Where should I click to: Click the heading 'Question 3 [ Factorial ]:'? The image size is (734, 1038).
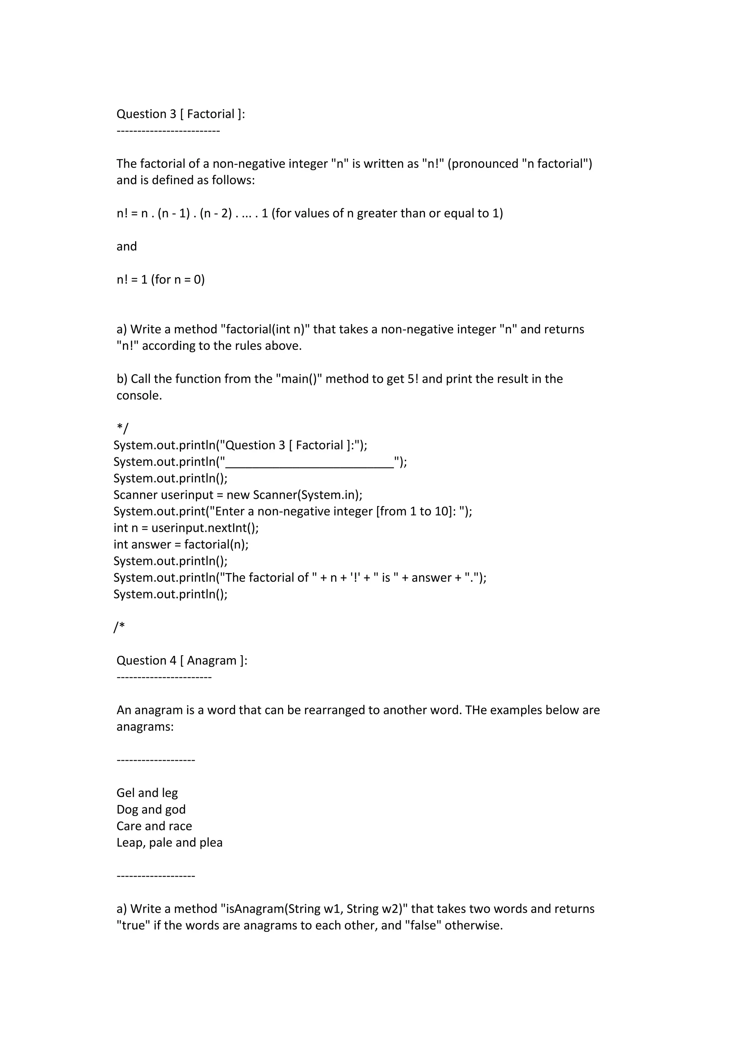pos(180,114)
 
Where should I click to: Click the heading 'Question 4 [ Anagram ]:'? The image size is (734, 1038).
pos(182,661)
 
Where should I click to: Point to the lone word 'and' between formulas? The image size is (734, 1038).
pos(127,246)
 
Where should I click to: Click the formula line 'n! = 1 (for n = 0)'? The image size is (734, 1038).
pos(161,279)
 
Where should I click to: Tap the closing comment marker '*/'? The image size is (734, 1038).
pos(123,428)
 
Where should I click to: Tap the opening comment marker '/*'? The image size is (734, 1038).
pos(119,627)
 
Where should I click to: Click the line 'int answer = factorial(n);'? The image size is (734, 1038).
pos(181,544)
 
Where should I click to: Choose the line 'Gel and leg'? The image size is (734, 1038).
pos(147,793)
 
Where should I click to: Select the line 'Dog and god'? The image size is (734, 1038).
pos(151,809)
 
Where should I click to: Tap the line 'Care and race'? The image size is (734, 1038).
pos(154,826)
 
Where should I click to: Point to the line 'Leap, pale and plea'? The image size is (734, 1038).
pos(170,843)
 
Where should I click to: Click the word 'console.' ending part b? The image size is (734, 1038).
pos(139,396)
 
